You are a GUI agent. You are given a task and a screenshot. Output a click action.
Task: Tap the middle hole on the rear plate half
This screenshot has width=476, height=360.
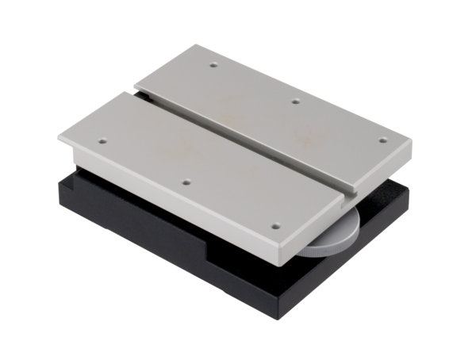click(295, 101)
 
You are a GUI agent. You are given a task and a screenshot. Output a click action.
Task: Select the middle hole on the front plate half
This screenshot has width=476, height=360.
click(185, 182)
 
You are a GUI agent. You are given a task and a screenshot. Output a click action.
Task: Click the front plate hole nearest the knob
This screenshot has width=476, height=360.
click(275, 225)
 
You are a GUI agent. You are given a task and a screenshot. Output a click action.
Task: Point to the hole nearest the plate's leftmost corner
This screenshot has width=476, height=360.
click(102, 141)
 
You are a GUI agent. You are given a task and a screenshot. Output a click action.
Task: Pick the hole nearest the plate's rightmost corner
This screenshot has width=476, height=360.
click(382, 140)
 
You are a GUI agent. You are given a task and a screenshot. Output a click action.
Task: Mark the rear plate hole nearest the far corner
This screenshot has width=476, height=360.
click(213, 65)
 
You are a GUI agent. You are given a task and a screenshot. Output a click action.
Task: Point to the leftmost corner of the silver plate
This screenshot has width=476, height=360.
click(59, 138)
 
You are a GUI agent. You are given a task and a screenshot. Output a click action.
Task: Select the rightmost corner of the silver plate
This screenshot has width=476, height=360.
click(412, 145)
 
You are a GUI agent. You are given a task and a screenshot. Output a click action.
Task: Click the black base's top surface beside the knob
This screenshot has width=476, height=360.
click(381, 208)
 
